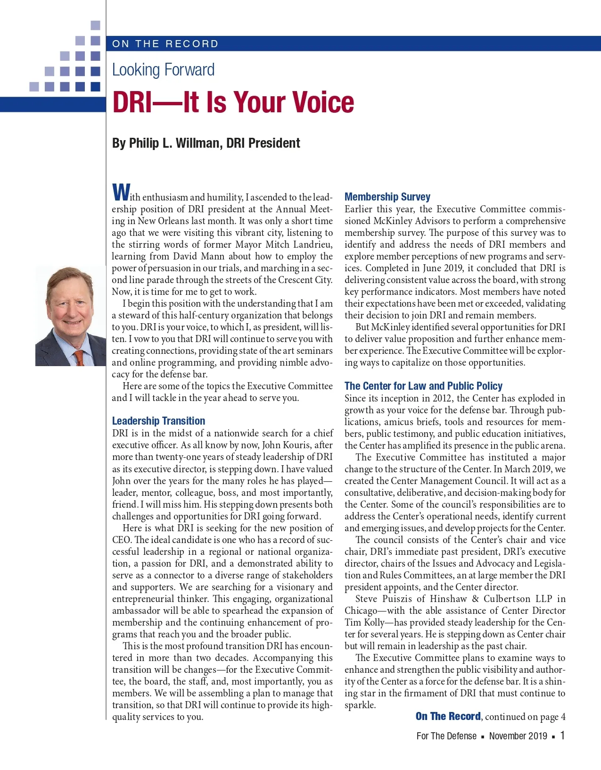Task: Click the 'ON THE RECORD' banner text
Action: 165,44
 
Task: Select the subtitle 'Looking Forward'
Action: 163,70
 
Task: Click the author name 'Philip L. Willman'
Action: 174,143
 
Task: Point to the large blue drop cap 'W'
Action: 121,192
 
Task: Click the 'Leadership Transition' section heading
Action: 158,421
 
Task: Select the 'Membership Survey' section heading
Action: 387,197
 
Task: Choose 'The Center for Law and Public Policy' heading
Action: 423,386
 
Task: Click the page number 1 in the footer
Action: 562,736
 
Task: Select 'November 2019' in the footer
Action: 518,736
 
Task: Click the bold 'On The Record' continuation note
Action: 448,716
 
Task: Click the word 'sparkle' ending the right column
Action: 359,705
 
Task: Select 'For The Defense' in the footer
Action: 446,736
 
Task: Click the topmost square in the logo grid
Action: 95,25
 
